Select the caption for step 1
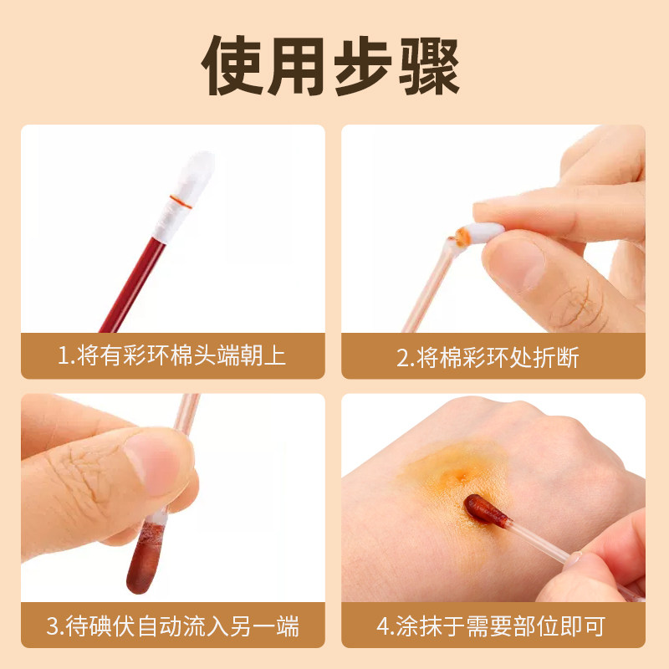[x=172, y=356]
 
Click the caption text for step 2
[x=488, y=358]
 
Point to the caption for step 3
[x=172, y=626]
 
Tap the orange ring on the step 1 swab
[x=181, y=200]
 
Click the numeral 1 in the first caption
[x=63, y=357]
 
